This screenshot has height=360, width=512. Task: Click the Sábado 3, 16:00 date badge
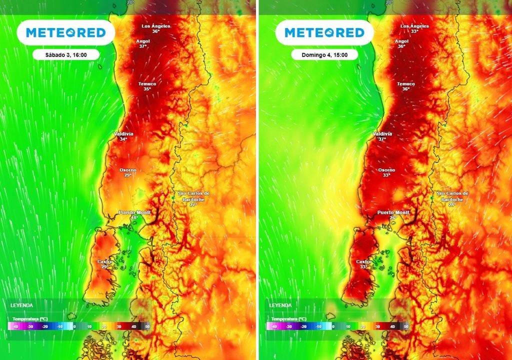click(x=66, y=54)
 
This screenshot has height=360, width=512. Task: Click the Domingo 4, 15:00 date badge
click(x=325, y=54)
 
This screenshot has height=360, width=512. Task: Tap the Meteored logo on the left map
click(x=66, y=32)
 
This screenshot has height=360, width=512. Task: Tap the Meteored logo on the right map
click(x=325, y=32)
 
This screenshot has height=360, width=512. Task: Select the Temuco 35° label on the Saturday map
click(x=147, y=86)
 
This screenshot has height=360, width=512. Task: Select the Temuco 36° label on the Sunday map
click(x=406, y=86)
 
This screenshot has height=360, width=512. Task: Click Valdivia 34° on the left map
click(x=123, y=136)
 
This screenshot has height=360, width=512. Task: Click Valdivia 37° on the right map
click(x=382, y=136)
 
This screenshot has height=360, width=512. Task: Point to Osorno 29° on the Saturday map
click(x=127, y=173)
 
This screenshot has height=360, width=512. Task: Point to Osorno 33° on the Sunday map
click(x=386, y=173)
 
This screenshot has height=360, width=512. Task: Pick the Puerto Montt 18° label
click(x=134, y=215)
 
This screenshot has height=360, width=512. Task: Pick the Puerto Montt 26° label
click(x=393, y=215)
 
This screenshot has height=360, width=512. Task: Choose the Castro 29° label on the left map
click(x=105, y=264)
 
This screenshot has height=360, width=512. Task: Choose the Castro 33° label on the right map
click(x=364, y=264)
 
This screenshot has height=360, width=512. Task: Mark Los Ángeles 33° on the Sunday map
click(x=414, y=28)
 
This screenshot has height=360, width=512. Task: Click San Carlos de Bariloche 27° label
click(x=193, y=198)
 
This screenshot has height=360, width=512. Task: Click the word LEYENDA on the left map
click(x=21, y=304)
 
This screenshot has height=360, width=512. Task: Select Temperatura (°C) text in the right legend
click(x=288, y=318)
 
